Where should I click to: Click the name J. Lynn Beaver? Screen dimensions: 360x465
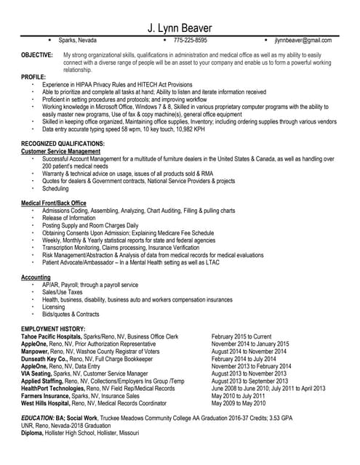pyautogui.click(x=180, y=27)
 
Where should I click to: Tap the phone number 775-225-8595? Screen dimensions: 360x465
pyautogui.click(x=191, y=41)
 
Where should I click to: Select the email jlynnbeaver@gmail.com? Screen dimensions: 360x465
pyautogui.click(x=303, y=41)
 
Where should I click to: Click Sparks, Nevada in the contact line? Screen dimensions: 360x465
pyautogui.click(x=77, y=41)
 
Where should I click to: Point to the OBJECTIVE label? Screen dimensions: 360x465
pyautogui.click(x=36, y=55)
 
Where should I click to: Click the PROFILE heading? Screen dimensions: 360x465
pyautogui.click(x=33, y=76)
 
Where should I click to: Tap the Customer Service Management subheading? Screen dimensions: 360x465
pyautogui.click(x=65, y=151)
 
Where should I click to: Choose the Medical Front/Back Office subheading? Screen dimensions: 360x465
pyautogui.click(x=54, y=203)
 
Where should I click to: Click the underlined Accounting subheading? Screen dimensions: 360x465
pyautogui.click(x=36, y=278)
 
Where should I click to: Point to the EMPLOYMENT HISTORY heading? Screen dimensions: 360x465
pyautogui.click(x=55, y=330)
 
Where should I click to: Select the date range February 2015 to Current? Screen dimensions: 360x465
pyautogui.click(x=241, y=337)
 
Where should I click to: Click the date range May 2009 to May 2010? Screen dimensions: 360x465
pyautogui.click(x=240, y=402)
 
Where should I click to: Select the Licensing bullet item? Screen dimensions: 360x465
pyautogui.click(x=54, y=307)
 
